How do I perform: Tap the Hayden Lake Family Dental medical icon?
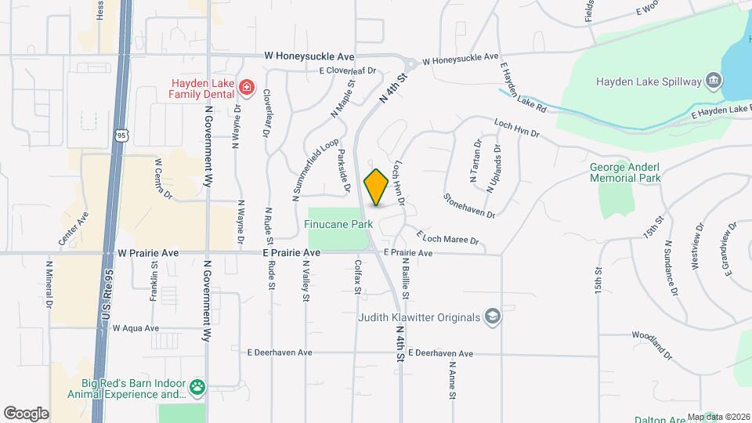point(246,86)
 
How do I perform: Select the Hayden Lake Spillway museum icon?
point(713,80)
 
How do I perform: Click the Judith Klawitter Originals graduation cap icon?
point(492,316)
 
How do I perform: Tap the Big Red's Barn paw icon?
point(197,386)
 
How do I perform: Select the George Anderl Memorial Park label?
point(625,172)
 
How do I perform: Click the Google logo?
point(26,413)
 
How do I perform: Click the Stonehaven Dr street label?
point(469,206)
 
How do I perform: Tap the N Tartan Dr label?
point(475,161)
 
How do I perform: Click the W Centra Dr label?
point(163,178)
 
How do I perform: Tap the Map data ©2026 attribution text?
point(718,417)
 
